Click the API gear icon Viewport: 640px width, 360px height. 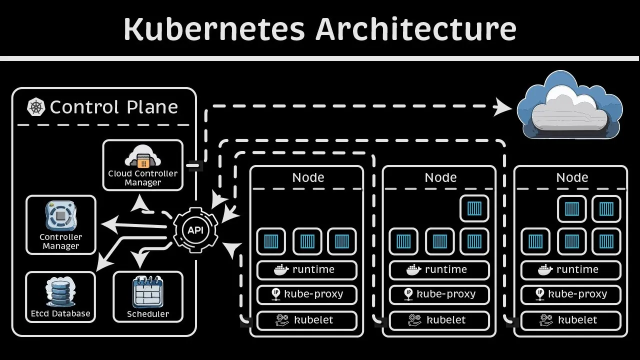click(195, 230)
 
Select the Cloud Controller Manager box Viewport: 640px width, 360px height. click(143, 165)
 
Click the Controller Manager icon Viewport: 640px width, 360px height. click(60, 216)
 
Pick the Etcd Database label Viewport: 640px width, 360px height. click(60, 314)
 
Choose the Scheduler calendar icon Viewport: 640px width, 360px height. click(148, 292)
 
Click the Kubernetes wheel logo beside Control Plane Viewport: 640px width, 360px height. click(36, 107)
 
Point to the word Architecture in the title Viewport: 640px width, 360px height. click(415, 28)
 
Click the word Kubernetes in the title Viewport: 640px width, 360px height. click(214, 28)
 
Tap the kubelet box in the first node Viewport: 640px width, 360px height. click(307, 320)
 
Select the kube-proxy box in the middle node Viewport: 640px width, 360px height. click(439, 294)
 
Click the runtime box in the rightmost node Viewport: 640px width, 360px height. click(570, 270)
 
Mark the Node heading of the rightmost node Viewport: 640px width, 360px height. click(572, 177)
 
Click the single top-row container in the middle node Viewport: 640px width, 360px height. click(474, 208)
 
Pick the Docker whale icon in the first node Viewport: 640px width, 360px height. click(281, 270)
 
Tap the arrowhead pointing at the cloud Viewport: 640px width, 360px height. click(502, 107)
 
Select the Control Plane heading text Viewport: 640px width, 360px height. click(114, 107)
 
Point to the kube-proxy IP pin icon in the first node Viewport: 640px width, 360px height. click(276, 294)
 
